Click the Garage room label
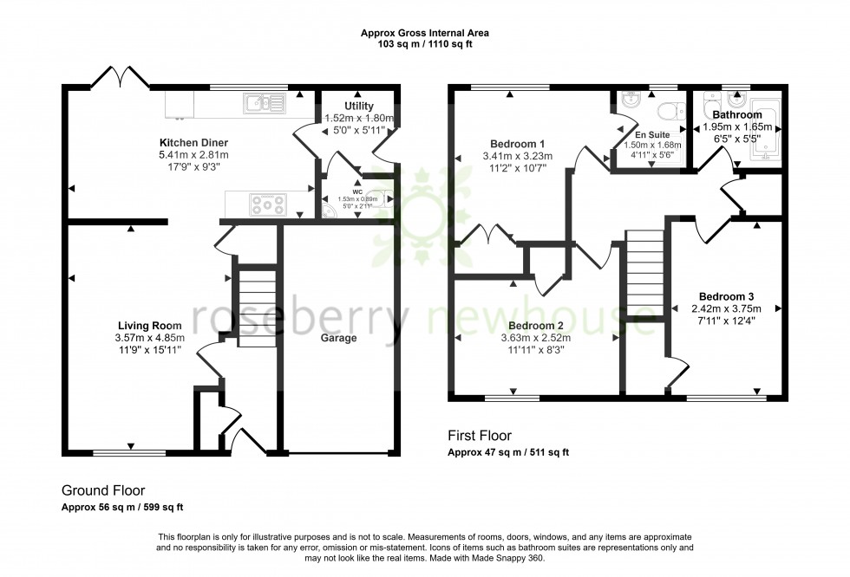(339, 338)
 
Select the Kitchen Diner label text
(193, 142)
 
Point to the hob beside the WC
(268, 204)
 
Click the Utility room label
(358, 106)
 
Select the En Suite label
(652, 134)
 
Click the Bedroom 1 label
(517, 144)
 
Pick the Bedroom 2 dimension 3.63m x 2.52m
(537, 339)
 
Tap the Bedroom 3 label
(726, 296)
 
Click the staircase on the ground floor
(255, 308)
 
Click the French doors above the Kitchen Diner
(119, 77)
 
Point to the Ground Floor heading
(103, 489)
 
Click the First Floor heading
(479, 436)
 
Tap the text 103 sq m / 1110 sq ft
(424, 43)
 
